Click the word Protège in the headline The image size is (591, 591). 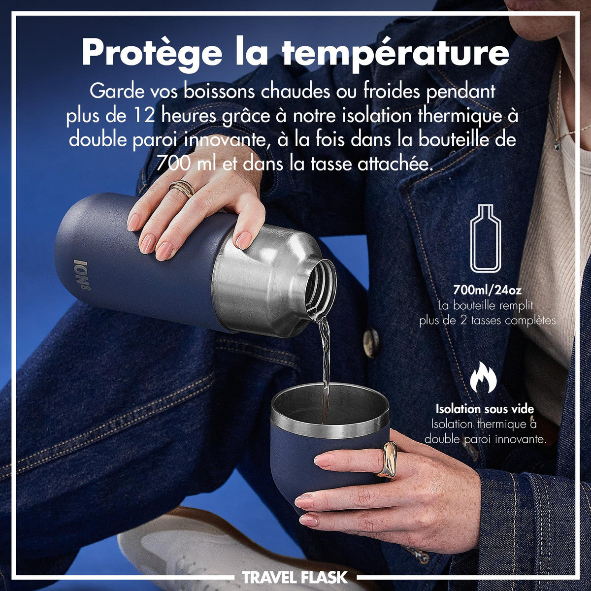(x=152, y=53)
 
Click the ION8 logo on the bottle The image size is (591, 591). (x=82, y=275)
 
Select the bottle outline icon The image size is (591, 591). (x=487, y=238)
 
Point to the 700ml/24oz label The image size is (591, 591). (x=487, y=290)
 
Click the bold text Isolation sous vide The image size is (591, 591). (x=485, y=409)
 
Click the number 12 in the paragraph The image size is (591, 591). (x=144, y=116)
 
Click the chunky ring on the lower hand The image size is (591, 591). (x=387, y=460)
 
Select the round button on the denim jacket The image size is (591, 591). (x=371, y=342)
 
